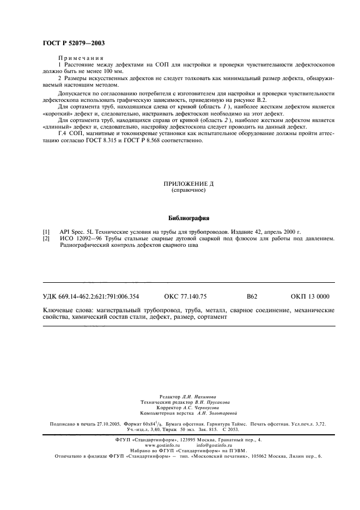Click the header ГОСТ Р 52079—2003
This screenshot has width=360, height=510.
[73, 43]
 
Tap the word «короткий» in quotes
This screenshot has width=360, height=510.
[56, 114]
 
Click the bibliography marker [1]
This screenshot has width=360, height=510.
[46, 232]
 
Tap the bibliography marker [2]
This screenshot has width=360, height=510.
[46, 239]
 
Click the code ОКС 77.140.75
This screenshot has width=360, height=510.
[185, 297]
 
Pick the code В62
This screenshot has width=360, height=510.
[252, 297]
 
